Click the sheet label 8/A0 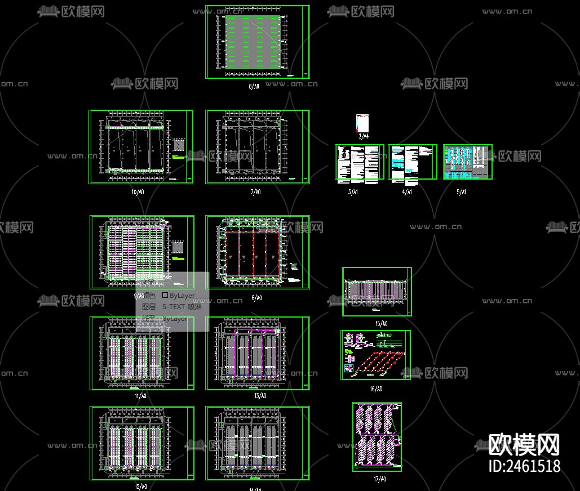tap(254, 87)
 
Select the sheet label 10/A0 tap(138, 192)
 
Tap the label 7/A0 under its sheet tap(255, 192)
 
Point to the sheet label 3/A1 tap(353, 192)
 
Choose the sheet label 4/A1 tap(407, 192)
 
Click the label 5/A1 tap(462, 192)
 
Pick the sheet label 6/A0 tap(256, 298)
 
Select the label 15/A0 tap(381, 324)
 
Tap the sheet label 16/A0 tap(376, 389)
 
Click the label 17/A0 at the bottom tap(380, 479)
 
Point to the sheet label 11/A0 tap(140, 396)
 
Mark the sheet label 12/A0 tap(141, 486)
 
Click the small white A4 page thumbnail tap(362, 123)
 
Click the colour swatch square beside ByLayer tap(165, 295)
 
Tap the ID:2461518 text tap(524, 466)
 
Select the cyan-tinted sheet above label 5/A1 tap(467, 162)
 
